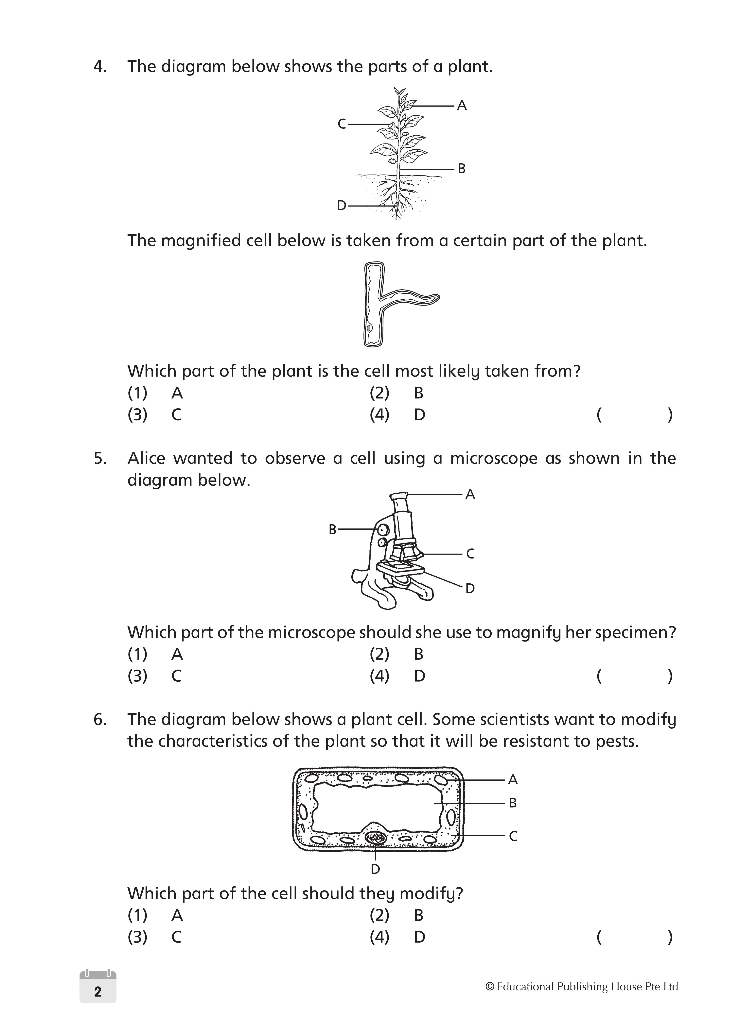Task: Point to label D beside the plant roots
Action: (341, 206)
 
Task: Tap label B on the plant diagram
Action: (462, 169)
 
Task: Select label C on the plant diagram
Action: (341, 124)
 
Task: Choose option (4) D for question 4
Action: (397, 415)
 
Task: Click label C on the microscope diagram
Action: (470, 554)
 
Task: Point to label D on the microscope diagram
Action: (470, 589)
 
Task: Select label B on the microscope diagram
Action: (333, 530)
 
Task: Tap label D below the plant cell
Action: (375, 869)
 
